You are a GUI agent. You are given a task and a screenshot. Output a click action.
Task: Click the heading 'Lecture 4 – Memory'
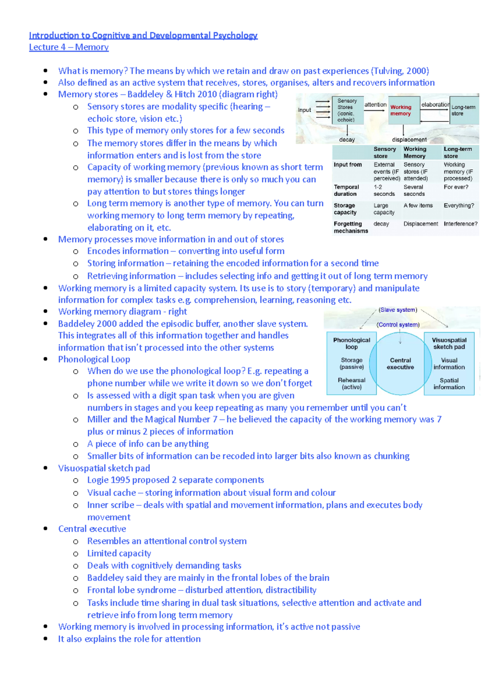pos(69,47)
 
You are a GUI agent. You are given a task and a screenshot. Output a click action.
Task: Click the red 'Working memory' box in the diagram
pos(401,110)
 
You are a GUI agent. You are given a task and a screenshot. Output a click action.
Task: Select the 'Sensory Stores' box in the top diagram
pos(347,110)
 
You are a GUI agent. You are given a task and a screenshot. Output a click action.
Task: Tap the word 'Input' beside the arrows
pos(304,110)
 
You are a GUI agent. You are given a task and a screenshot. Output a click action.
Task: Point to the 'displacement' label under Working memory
pos(409,140)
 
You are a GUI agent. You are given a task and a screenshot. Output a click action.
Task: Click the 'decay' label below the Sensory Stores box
pos(347,140)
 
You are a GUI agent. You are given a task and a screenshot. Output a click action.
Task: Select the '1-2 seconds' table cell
pos(384,191)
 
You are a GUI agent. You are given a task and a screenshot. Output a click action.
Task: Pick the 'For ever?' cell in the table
pos(456,187)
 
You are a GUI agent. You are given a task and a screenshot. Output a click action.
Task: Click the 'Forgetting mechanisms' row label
pos(350,227)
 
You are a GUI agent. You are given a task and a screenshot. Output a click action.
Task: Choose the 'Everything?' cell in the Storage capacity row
pos(459,205)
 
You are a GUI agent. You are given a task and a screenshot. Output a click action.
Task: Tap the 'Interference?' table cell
pos(461,224)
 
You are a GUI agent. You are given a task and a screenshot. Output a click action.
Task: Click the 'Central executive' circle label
pos(400,363)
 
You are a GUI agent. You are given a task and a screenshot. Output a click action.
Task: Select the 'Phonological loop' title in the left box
pos(352,343)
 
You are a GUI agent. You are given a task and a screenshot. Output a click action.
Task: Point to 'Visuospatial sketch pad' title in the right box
pos(449,343)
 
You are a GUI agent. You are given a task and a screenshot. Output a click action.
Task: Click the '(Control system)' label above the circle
pos(398,324)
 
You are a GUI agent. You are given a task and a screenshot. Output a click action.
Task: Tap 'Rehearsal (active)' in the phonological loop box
pos(352,383)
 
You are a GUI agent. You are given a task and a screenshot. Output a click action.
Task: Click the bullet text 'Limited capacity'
pos(119,553)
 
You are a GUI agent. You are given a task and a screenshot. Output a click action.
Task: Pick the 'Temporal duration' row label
pos(346,191)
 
